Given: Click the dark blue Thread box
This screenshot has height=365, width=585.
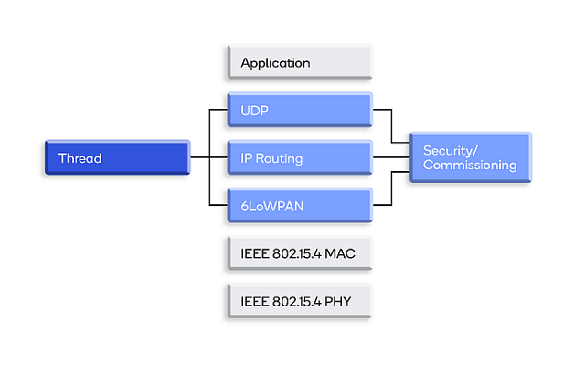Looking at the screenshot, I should [x=116, y=158].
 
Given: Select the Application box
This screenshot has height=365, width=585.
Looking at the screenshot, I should [x=299, y=63].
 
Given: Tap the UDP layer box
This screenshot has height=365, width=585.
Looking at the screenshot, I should [x=299, y=111].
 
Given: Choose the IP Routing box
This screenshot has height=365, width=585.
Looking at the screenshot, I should [x=299, y=158].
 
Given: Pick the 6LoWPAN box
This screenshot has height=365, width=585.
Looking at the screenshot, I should [x=299, y=207].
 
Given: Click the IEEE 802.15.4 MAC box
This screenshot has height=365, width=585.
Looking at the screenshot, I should [x=299, y=253].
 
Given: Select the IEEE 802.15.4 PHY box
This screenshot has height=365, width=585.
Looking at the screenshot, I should [x=299, y=301].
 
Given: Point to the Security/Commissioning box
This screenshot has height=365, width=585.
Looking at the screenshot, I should [x=469, y=157].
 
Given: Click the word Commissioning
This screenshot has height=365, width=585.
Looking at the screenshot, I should [x=470, y=166].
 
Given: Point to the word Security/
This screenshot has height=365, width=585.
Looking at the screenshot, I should [x=450, y=150].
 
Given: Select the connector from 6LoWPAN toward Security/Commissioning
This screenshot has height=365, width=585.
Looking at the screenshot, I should [x=391, y=188].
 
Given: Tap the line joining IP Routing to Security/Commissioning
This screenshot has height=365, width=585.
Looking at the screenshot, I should [x=391, y=158].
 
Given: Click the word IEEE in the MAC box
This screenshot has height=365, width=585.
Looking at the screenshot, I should [x=254, y=253].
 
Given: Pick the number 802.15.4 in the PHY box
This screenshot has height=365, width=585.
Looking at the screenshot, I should [x=296, y=301].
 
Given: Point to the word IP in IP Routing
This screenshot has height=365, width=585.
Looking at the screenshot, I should [x=247, y=158].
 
